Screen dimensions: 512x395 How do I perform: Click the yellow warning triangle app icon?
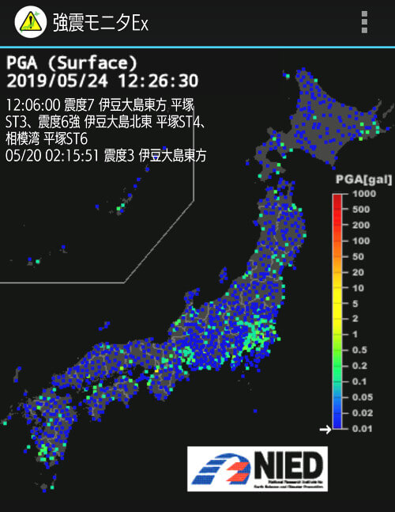31,21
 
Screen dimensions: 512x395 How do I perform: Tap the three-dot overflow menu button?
363,22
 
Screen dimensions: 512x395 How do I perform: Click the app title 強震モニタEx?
100,22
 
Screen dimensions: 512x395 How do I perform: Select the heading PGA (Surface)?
72,63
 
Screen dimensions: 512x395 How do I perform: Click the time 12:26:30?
158,81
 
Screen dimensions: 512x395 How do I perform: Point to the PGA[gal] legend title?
363,180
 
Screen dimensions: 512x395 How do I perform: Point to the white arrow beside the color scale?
324,430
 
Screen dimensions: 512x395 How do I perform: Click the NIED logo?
258,468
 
